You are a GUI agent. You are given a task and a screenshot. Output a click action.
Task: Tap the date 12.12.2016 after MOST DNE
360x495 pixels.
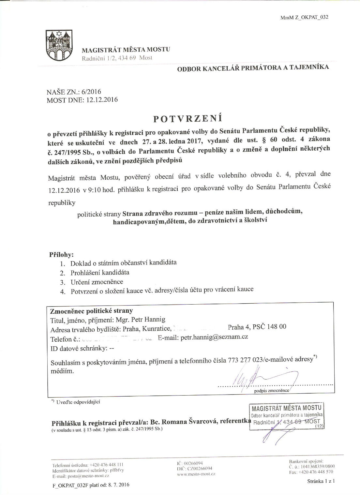click(x=102, y=100)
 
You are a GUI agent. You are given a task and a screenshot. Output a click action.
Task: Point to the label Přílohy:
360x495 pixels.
click(x=61, y=254)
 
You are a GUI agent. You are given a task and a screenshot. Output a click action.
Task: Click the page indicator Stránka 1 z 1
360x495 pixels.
click(x=321, y=481)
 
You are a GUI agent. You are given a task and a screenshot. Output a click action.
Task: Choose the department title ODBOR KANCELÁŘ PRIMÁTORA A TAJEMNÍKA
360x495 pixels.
click(x=253, y=68)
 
